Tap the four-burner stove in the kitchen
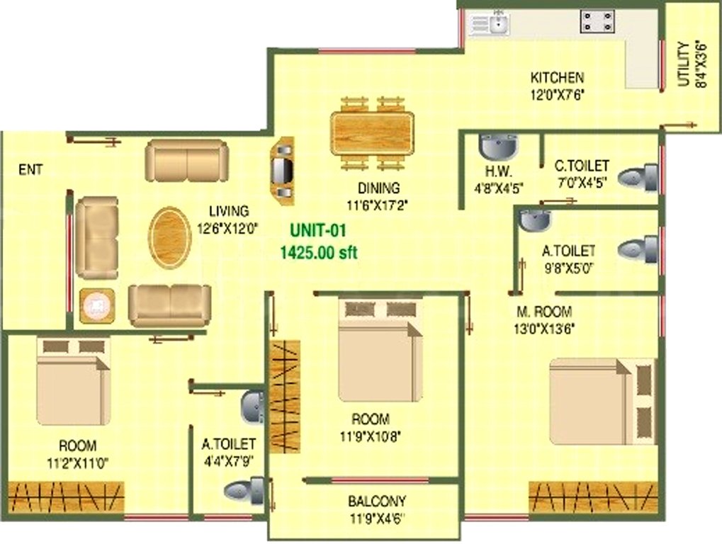click(597, 21)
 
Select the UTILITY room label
click(683, 64)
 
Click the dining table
click(371, 132)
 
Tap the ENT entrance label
click(30, 169)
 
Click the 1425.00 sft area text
click(318, 252)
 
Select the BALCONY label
click(376, 501)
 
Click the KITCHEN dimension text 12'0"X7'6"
click(557, 93)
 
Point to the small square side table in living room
click(97, 306)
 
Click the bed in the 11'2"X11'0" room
click(73, 382)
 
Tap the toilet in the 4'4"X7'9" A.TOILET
click(245, 489)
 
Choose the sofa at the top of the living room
click(187, 160)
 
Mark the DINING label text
click(378, 188)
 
